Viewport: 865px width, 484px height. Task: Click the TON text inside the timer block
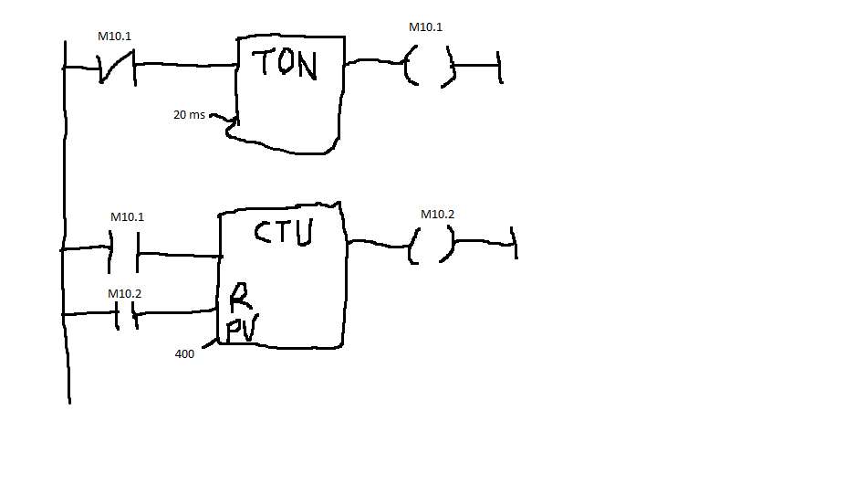click(x=285, y=63)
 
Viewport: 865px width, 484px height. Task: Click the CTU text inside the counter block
click(x=284, y=232)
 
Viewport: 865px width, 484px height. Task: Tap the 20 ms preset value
click(x=189, y=115)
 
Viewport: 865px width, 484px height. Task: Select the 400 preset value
click(x=184, y=353)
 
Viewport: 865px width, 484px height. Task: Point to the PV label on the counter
click(x=242, y=330)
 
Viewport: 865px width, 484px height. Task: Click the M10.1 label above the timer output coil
click(x=425, y=27)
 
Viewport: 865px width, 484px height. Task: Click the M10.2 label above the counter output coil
click(x=437, y=214)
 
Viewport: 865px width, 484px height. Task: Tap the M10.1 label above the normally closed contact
click(x=114, y=37)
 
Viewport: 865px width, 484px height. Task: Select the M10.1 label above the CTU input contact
click(x=127, y=217)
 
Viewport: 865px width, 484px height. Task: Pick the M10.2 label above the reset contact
click(x=125, y=294)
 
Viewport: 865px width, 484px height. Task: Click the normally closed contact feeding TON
click(x=118, y=68)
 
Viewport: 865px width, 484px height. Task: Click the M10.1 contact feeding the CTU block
click(x=123, y=252)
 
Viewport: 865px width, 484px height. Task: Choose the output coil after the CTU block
click(x=432, y=245)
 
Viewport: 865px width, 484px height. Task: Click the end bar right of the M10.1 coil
click(x=500, y=68)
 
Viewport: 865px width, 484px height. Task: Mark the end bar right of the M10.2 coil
click(x=514, y=242)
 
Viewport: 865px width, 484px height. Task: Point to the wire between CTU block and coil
click(x=379, y=243)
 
